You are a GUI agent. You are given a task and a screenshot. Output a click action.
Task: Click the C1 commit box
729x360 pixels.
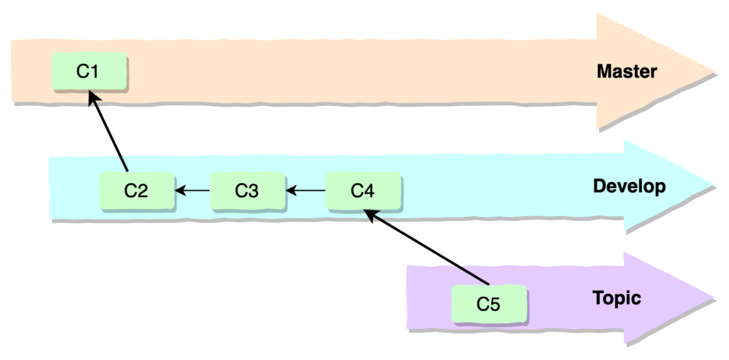click(x=90, y=72)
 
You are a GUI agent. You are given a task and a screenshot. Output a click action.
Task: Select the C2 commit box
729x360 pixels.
click(x=136, y=191)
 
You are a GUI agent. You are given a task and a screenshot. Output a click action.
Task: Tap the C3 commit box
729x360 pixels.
click(x=247, y=191)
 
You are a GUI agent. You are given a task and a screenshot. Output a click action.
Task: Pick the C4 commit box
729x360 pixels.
click(x=363, y=191)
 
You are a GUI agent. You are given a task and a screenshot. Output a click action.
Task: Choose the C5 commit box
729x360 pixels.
click(x=489, y=304)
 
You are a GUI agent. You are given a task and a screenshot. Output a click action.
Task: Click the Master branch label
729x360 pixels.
click(x=626, y=72)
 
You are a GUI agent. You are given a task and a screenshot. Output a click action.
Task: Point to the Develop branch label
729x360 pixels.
click(x=629, y=186)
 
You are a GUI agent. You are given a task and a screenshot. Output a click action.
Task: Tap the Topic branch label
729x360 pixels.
click(x=617, y=298)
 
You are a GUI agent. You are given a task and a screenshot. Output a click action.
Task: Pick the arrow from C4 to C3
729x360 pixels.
click(x=305, y=191)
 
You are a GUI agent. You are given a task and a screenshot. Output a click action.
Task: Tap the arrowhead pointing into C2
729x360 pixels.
click(x=179, y=191)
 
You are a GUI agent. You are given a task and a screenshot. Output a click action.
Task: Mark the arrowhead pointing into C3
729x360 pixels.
click(x=290, y=191)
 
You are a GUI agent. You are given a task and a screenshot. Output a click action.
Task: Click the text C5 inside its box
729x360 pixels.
click(x=489, y=304)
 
